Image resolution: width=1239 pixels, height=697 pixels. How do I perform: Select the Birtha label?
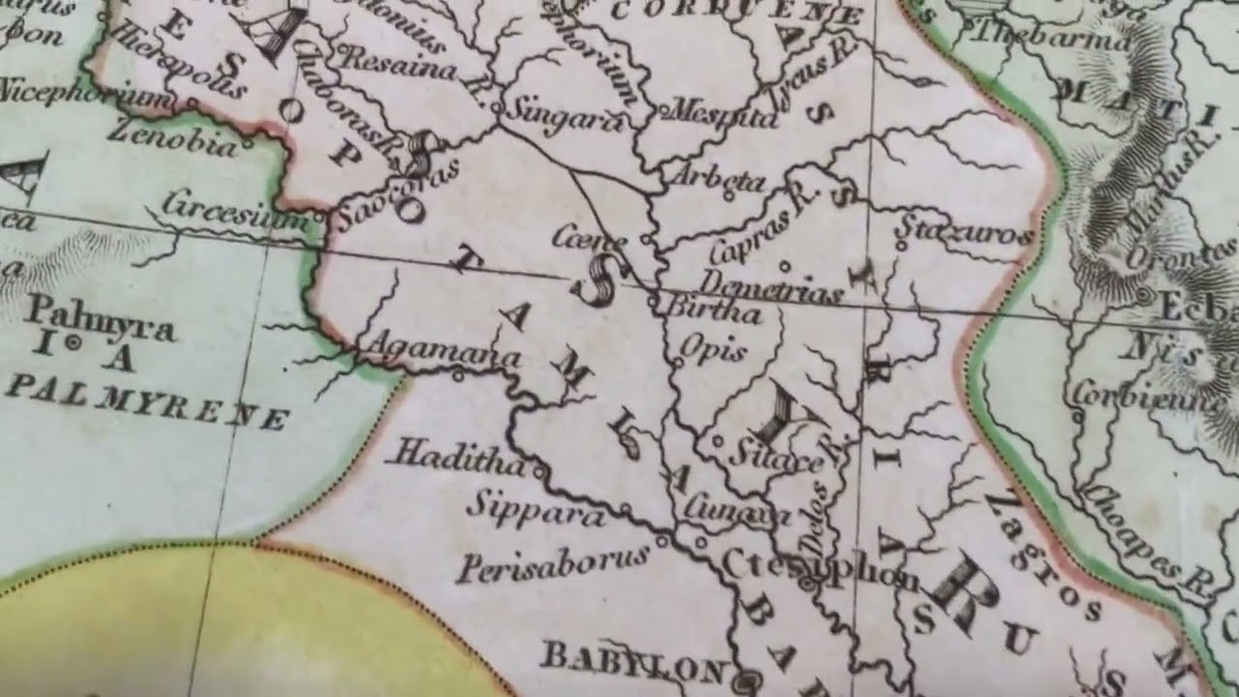tap(716, 312)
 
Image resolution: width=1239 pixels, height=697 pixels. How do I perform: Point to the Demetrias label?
tap(771, 286)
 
